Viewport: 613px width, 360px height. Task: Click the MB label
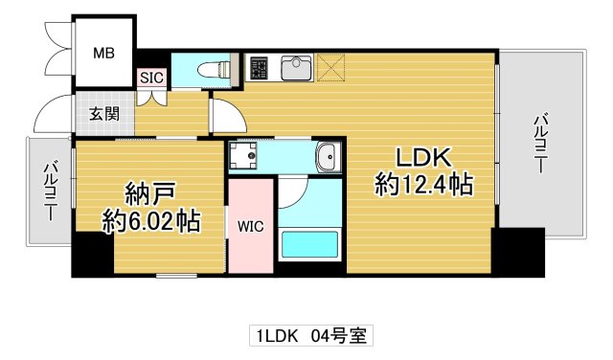pyautogui.click(x=103, y=54)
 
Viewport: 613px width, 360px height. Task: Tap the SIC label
pyautogui.click(x=151, y=79)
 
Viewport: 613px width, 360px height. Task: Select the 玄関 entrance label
pyautogui.click(x=105, y=114)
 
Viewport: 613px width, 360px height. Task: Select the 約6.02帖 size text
pyautogui.click(x=151, y=222)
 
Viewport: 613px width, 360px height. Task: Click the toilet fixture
pyautogui.click(x=216, y=69)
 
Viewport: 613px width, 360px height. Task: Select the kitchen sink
pyautogui.click(x=296, y=68)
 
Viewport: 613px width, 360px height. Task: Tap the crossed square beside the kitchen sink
pyautogui.click(x=334, y=67)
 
